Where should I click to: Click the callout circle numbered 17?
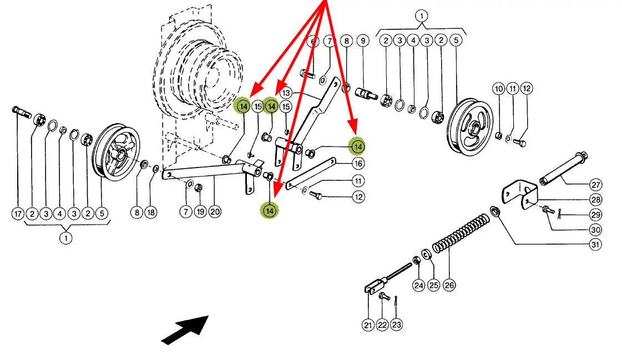tap(18, 214)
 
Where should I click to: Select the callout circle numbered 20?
tap(215, 212)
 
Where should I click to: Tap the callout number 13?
tap(286, 93)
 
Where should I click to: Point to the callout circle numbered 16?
tap(358, 163)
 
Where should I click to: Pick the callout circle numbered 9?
tap(362, 40)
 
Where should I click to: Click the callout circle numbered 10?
tap(499, 88)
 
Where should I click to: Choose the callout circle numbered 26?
tap(449, 285)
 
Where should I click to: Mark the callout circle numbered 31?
tap(595, 244)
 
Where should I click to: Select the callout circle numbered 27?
tap(596, 185)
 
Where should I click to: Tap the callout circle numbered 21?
tap(368, 325)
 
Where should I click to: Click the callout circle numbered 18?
tap(151, 212)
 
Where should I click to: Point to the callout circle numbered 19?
tap(200, 212)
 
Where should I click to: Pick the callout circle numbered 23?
tap(396, 325)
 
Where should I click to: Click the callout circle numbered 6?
tap(313, 40)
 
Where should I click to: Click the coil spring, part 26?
tap(460, 234)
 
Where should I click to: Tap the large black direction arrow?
tap(185, 330)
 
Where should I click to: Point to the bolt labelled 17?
tap(22, 112)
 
